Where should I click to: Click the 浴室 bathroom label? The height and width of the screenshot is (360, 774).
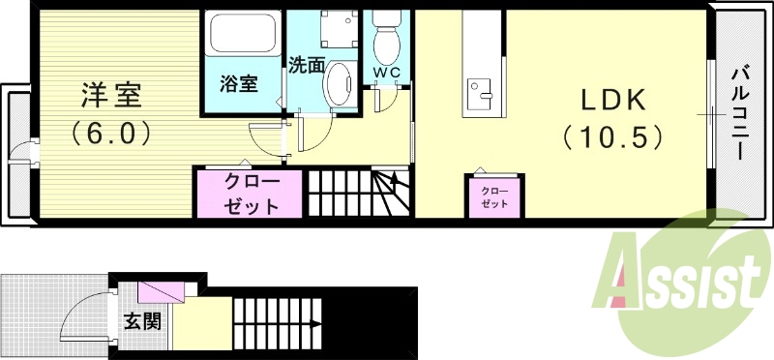[x=238, y=84]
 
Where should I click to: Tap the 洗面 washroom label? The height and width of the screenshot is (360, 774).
[x=306, y=66]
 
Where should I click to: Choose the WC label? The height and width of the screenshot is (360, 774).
[x=386, y=72]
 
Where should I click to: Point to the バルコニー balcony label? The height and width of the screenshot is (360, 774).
[x=739, y=112]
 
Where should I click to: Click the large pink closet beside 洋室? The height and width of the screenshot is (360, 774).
[x=252, y=194]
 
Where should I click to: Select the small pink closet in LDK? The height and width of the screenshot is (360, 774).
[x=494, y=196]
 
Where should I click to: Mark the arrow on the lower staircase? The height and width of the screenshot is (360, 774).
[x=314, y=326]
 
